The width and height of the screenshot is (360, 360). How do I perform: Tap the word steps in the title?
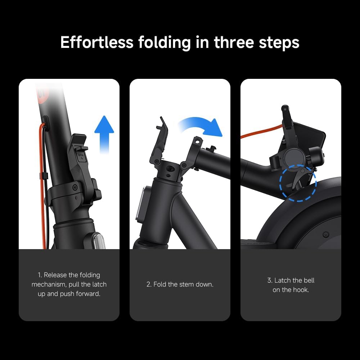[x=279, y=43]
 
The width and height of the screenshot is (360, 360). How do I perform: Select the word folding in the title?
[x=165, y=43]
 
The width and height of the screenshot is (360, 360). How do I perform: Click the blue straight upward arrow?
[x=104, y=134]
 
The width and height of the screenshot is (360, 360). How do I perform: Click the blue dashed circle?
[x=298, y=183]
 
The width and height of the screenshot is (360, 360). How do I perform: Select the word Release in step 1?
[x=55, y=275]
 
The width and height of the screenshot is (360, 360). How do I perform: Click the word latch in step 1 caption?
[x=99, y=284]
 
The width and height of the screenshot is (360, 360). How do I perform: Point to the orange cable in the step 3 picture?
[x=262, y=132]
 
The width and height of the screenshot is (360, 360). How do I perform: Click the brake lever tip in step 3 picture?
[x=285, y=107]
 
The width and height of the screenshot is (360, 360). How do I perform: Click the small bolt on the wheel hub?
[x=326, y=235]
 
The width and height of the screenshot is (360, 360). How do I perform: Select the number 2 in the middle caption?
[x=149, y=284]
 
